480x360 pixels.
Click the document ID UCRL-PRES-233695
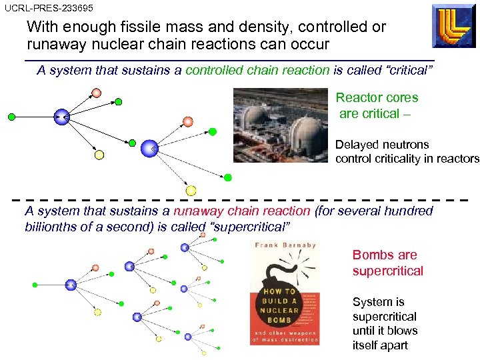point(48,8)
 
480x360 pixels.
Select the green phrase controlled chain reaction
point(257,70)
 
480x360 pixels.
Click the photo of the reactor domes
point(282,125)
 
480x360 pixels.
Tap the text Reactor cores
point(377,97)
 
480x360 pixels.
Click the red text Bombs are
point(385,255)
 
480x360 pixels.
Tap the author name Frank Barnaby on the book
point(283,246)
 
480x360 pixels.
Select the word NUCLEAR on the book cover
point(281,309)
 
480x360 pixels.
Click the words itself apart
point(380,345)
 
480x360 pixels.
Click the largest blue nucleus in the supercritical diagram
point(71,285)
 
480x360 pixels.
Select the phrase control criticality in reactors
point(407,159)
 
